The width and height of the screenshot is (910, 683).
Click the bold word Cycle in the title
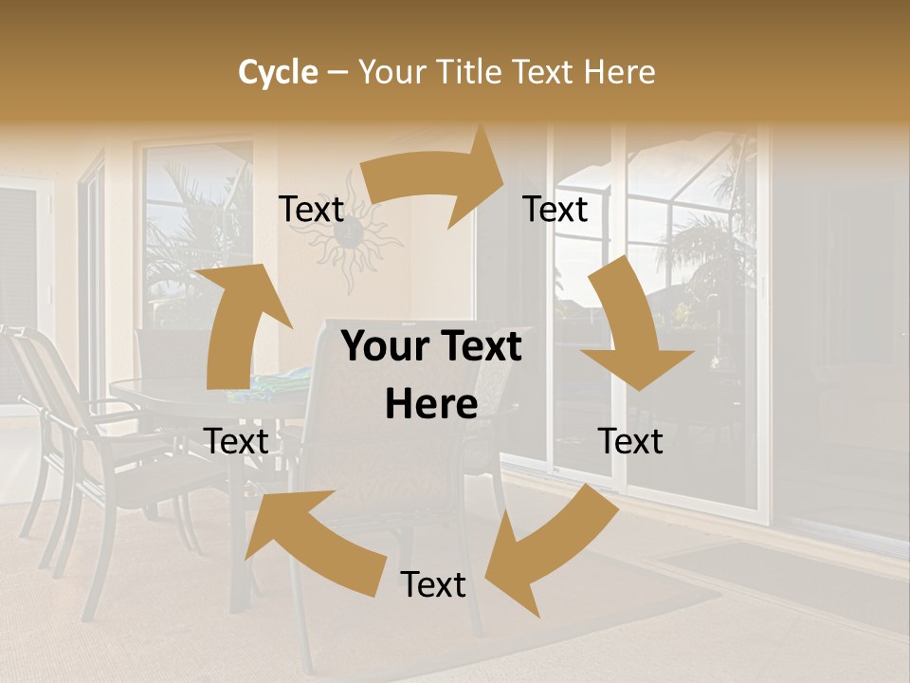[278, 72]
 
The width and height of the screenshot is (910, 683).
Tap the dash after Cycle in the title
[337, 72]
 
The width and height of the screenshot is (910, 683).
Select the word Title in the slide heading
[470, 72]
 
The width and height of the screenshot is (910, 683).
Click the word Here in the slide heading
[619, 72]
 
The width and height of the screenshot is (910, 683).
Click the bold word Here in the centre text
[431, 405]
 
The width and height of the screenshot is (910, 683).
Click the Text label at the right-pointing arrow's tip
[555, 209]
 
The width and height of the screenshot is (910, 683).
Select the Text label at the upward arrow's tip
[311, 209]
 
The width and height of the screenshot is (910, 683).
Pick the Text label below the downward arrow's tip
[630, 441]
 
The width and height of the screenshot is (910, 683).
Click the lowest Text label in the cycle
[433, 584]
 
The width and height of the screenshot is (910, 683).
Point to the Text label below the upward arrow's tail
[236, 441]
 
